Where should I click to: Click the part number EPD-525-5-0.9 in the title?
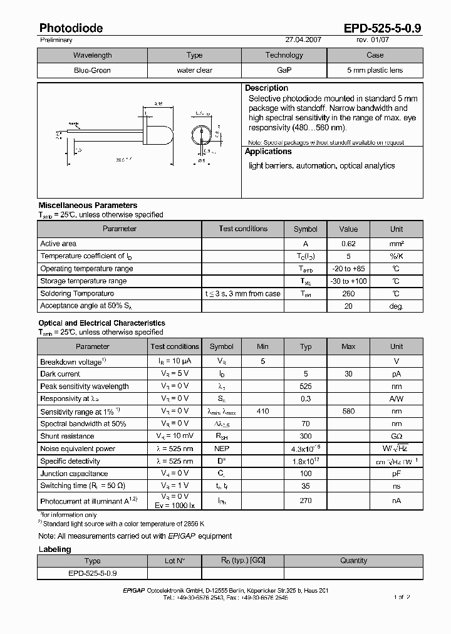[382, 28]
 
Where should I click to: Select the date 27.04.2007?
[303, 39]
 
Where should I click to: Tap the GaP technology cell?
[284, 70]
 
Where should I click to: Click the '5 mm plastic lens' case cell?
[375, 70]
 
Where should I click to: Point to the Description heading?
[266, 88]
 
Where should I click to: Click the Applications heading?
[268, 152]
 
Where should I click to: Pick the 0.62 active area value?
[348, 244]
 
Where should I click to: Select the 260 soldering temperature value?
[348, 294]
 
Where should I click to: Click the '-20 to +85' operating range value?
[348, 269]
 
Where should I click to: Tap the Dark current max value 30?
[348, 374]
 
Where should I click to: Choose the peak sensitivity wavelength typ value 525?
[306, 387]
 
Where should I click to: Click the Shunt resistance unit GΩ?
[397, 436]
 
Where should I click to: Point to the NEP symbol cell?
[221, 449]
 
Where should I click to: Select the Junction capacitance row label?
[74, 474]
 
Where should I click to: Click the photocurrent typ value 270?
[306, 501]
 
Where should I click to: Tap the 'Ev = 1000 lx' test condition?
[175, 505]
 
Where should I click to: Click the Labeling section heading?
[54, 549]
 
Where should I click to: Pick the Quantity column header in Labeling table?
[353, 561]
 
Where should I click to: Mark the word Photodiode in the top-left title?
[71, 28]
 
